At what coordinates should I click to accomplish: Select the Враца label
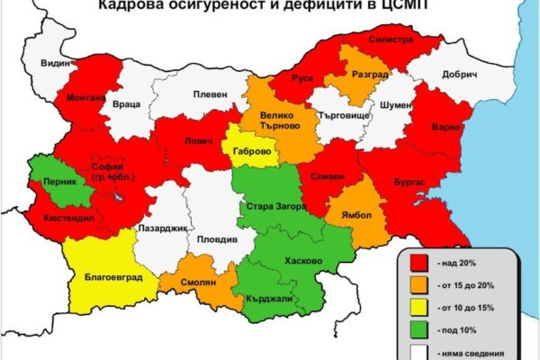pyautogui.click(x=127, y=105)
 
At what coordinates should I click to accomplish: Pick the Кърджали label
pyautogui.click(x=268, y=298)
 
